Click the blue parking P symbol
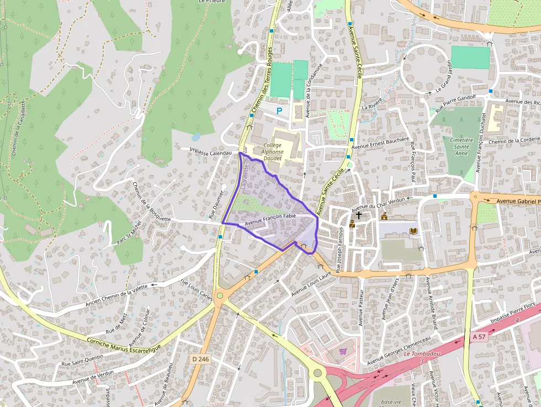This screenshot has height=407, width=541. click(279, 111)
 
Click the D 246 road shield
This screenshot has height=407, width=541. click(200, 359)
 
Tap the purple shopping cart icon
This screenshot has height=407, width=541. click(343, 351)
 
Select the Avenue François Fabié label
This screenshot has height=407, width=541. click(270, 219)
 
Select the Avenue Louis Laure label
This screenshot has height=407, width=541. click(311, 282)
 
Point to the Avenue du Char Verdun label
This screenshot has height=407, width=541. click(382, 204)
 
